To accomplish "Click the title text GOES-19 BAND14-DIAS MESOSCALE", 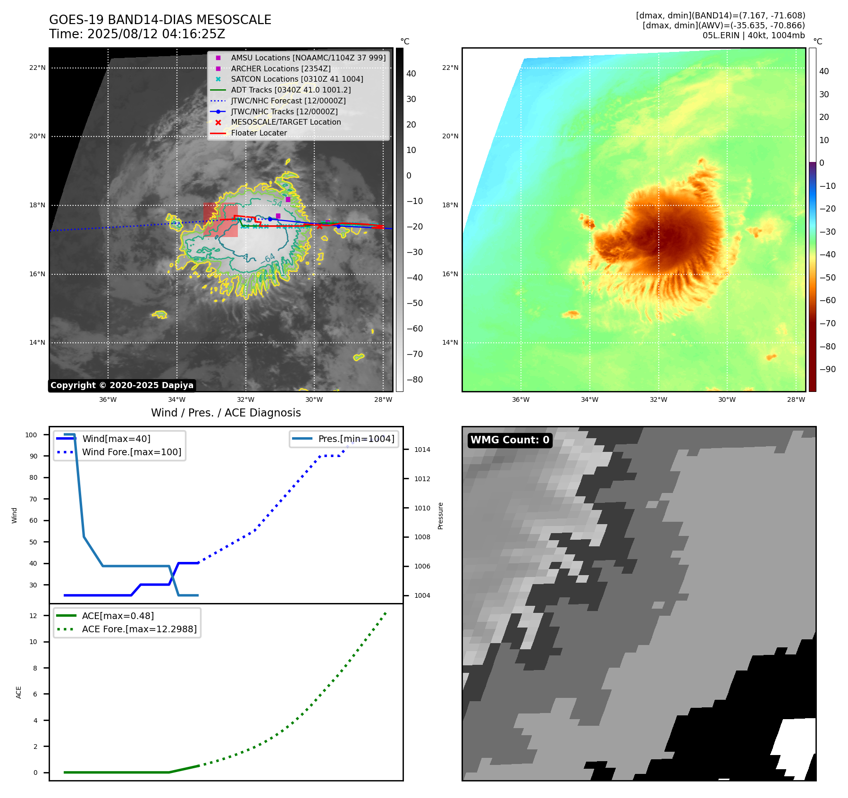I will [160, 20].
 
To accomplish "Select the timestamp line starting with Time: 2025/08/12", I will [137, 34].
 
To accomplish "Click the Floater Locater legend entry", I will [259, 133].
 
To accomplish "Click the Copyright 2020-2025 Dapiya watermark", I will [122, 385].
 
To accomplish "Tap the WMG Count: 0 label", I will [510, 440].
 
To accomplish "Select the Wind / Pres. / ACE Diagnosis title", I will [226, 413].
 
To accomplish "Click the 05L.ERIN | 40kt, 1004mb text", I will [754, 35].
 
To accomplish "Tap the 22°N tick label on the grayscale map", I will [37, 68].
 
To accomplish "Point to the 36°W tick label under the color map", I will [521, 400].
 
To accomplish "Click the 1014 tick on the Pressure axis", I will [422, 450].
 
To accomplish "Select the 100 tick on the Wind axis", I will [31, 435].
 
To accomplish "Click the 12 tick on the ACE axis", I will [33, 616].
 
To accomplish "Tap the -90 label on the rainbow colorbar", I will [827, 369].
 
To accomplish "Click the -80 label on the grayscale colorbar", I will [415, 380].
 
